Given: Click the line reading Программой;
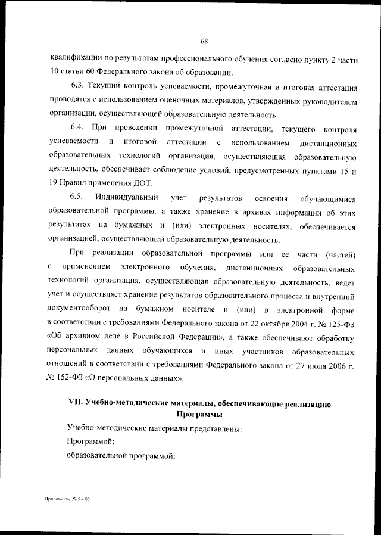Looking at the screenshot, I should coord(90,441).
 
